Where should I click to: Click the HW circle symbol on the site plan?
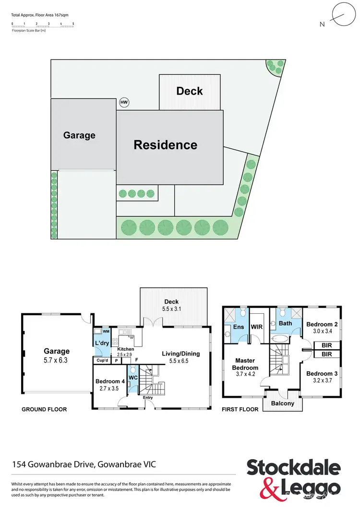pyautogui.click(x=124, y=103)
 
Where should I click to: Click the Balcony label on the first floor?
pyautogui.click(x=283, y=403)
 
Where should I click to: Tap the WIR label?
pyautogui.click(x=256, y=327)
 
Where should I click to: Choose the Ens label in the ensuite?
pyautogui.click(x=239, y=327)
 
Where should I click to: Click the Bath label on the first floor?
pyautogui.click(x=286, y=323)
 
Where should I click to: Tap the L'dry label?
pyautogui.click(x=103, y=343)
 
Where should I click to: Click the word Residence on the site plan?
pyautogui.click(x=165, y=145)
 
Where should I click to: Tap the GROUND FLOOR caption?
pyautogui.click(x=44, y=410)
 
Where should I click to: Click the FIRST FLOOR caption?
pyautogui.click(x=240, y=410)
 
